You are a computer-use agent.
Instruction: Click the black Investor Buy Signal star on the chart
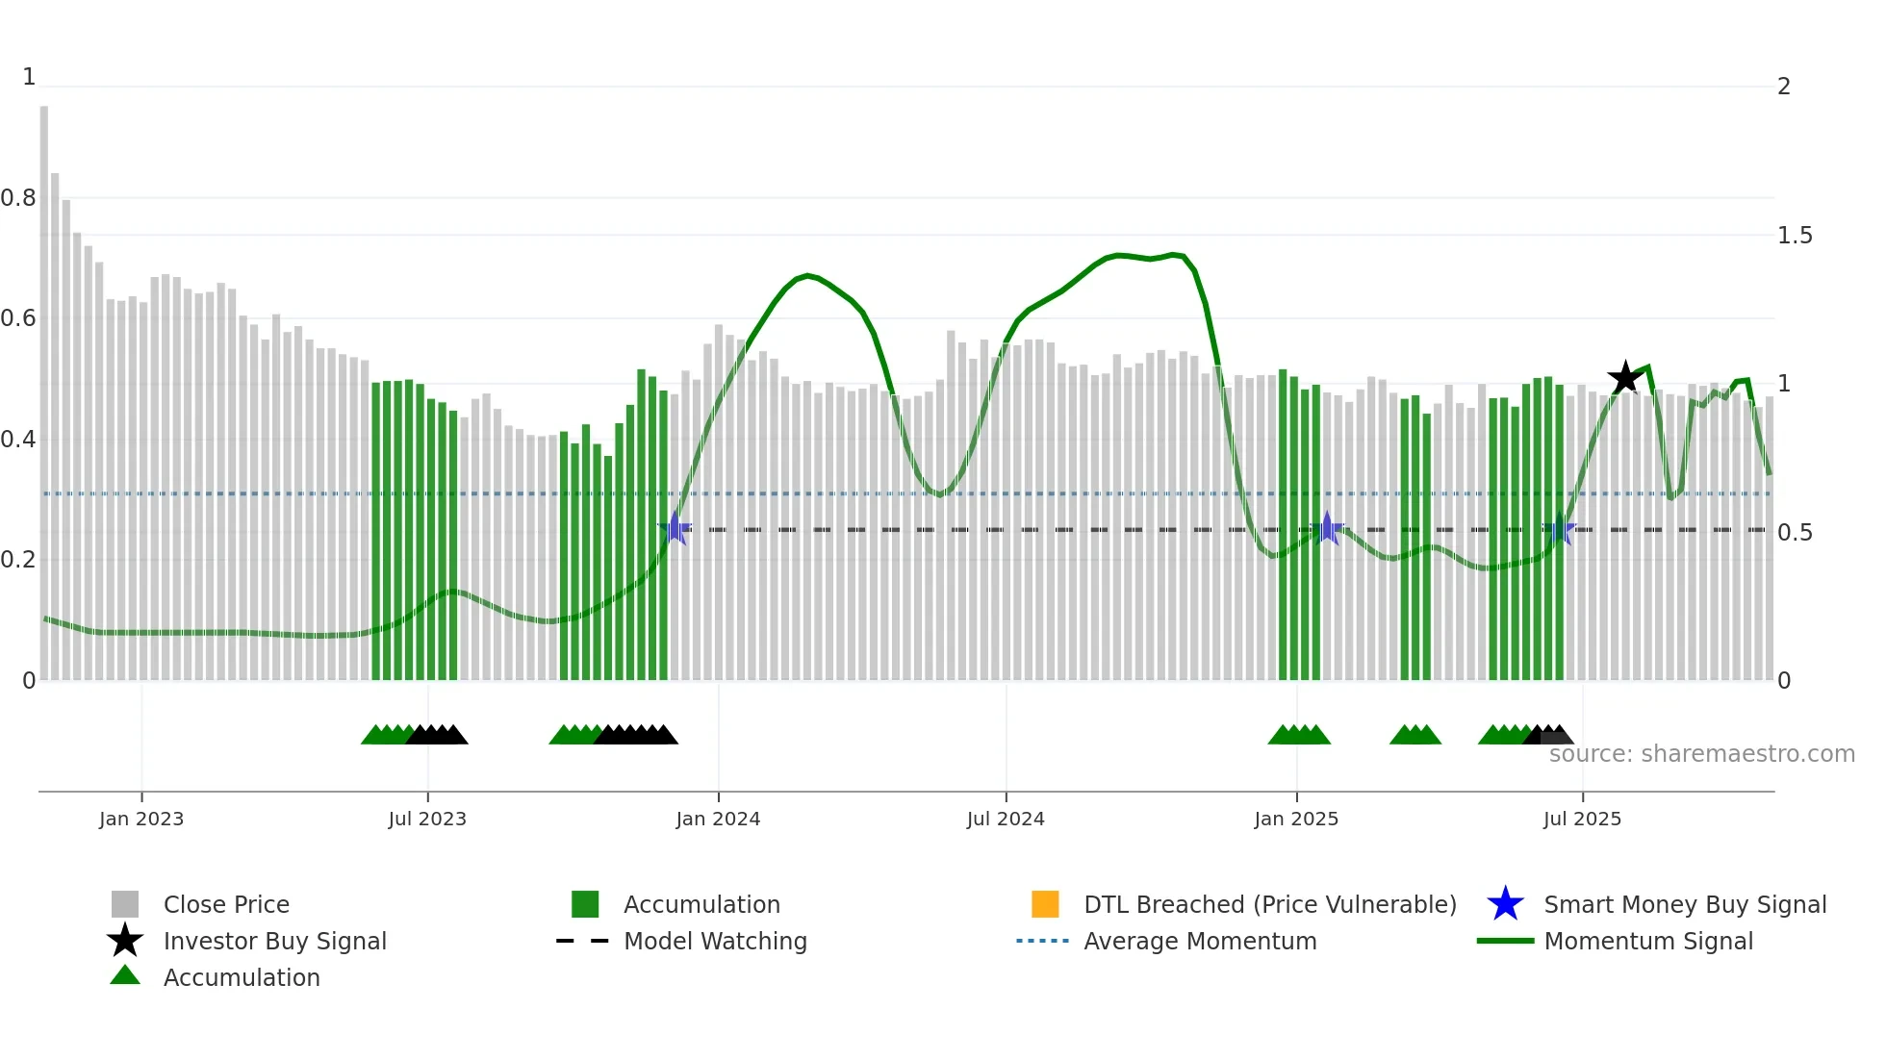click(1625, 377)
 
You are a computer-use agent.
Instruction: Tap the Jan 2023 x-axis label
click(140, 819)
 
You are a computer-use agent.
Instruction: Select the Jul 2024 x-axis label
click(1005, 819)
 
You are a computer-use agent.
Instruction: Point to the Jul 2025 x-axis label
click(1582, 819)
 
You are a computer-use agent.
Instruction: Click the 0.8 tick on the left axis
click(18, 198)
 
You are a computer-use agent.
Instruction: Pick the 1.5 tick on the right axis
click(1794, 236)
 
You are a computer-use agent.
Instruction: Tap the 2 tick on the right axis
click(1784, 87)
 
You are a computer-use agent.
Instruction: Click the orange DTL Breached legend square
click(1045, 904)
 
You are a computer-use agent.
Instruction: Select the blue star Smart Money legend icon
click(1505, 904)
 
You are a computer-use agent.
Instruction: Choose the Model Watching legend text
click(715, 941)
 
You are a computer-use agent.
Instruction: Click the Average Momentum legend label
click(1200, 941)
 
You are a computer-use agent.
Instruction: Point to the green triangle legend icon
click(125, 976)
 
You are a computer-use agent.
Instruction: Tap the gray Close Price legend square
click(125, 904)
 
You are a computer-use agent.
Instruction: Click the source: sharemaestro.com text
click(1701, 754)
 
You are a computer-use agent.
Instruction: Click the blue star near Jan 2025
click(1327, 528)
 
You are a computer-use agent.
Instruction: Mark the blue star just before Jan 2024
click(675, 528)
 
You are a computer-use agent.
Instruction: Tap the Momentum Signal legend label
click(1648, 941)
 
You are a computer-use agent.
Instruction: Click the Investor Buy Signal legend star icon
click(125, 941)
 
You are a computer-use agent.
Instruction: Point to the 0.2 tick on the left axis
click(18, 560)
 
